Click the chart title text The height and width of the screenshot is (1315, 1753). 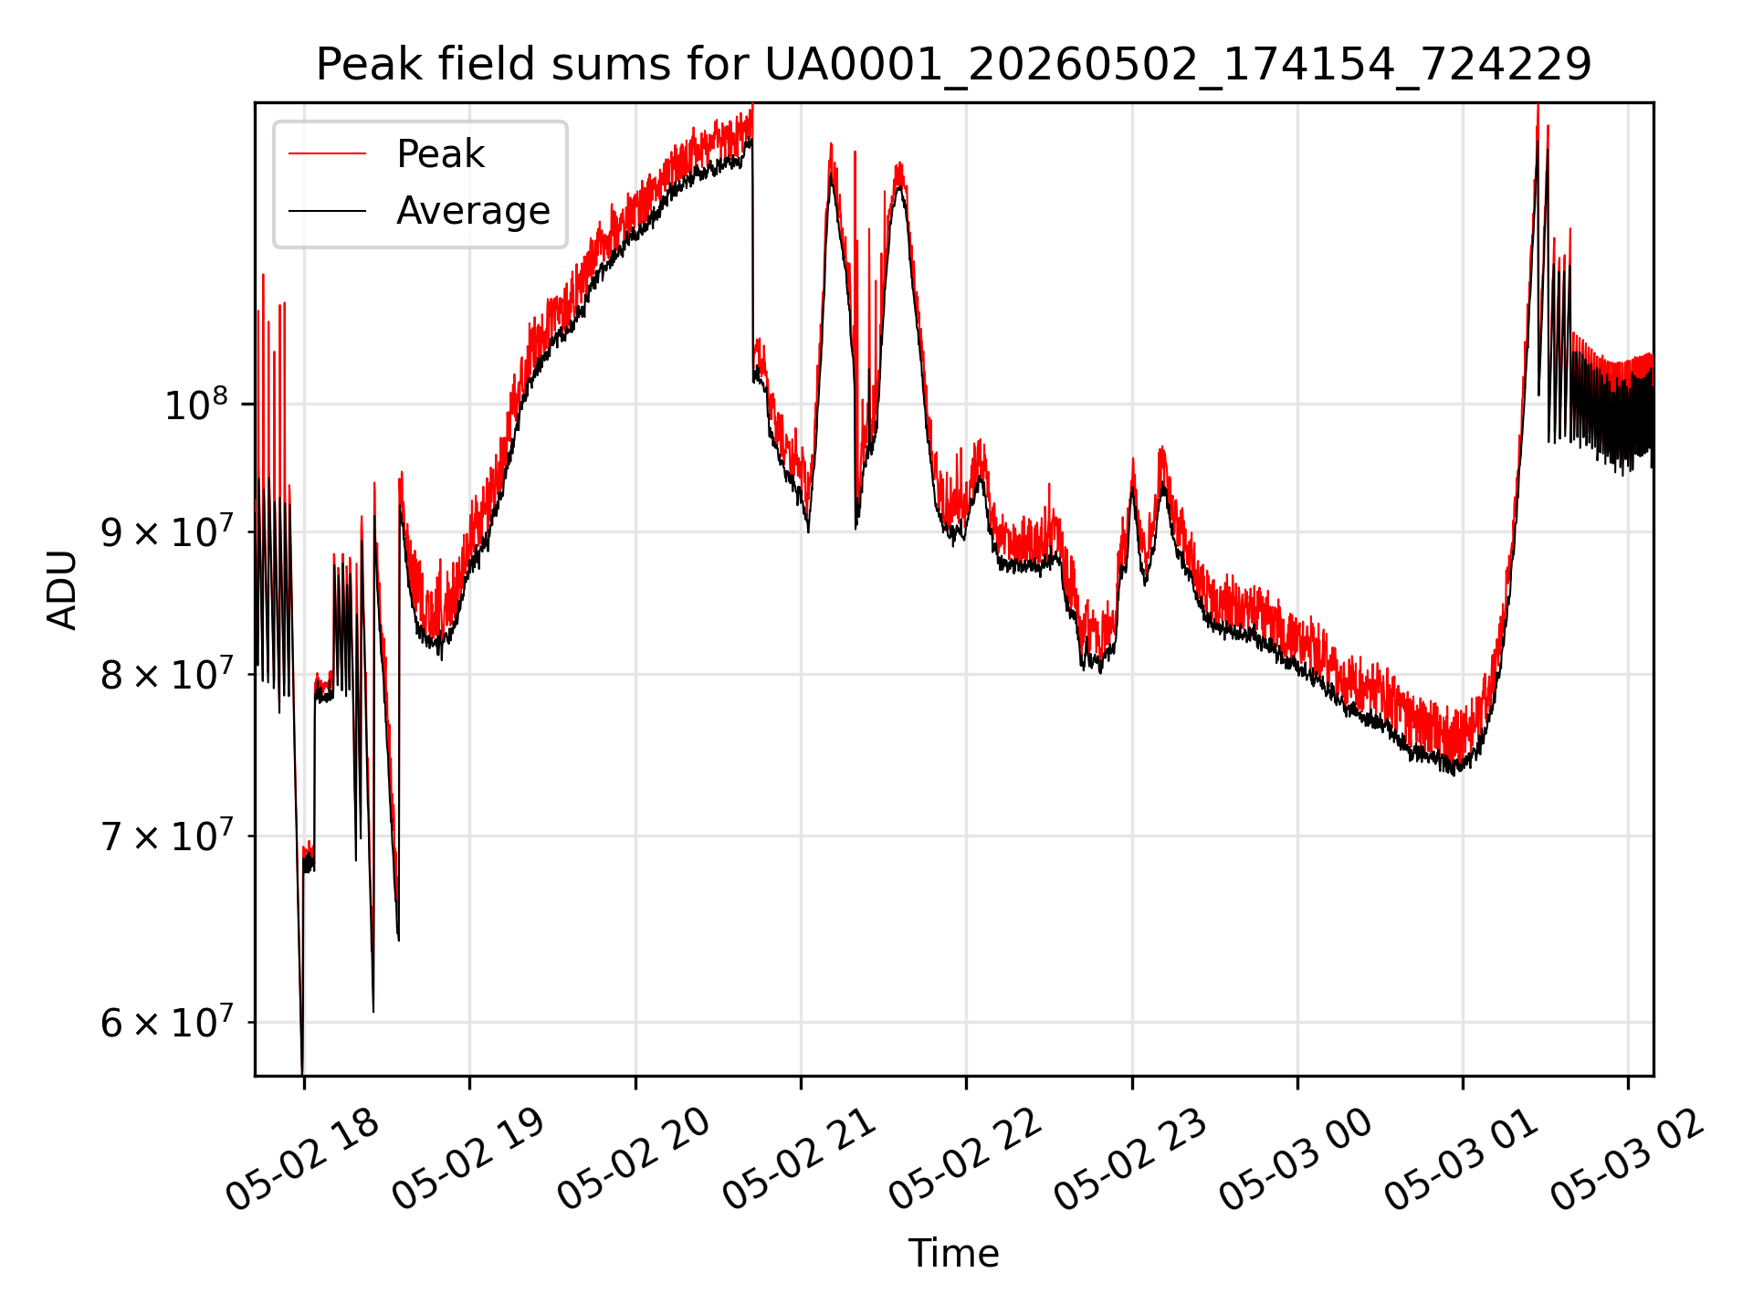point(953,65)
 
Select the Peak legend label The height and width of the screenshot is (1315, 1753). point(440,154)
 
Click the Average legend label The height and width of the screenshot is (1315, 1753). point(473,211)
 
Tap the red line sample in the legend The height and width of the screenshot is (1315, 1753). point(327,154)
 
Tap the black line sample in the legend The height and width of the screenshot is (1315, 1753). point(327,211)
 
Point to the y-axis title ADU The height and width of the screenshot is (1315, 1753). point(62,590)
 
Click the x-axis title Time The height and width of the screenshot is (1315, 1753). point(953,1253)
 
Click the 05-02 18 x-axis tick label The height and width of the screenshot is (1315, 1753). point(303,1161)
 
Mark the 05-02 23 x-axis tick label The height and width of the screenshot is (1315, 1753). point(1131,1161)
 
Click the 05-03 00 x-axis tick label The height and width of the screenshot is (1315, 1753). point(1296,1161)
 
